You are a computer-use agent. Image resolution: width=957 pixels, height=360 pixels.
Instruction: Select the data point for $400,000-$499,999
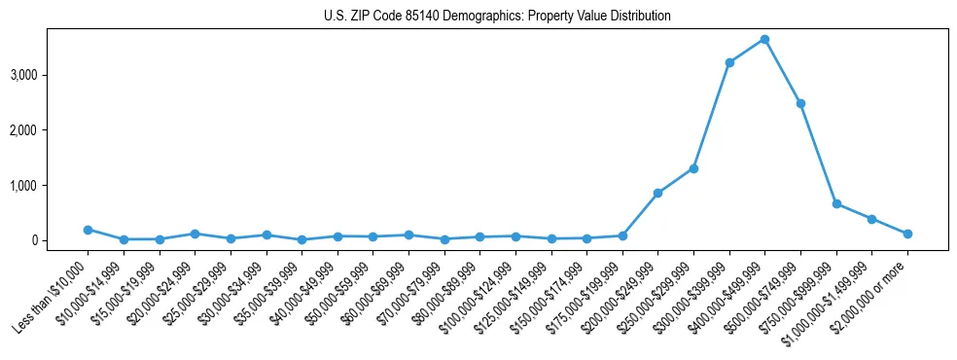tap(764, 39)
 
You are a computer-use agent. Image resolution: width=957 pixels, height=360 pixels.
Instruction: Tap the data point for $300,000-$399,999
tap(729, 62)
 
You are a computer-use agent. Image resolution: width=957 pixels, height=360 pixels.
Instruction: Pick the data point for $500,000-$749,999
tap(800, 103)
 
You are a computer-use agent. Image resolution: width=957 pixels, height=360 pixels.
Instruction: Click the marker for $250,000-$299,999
tap(693, 168)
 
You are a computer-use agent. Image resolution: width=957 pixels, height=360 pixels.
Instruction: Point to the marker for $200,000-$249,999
tap(657, 193)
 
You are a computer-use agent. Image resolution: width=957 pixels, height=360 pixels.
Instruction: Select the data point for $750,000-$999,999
tap(836, 203)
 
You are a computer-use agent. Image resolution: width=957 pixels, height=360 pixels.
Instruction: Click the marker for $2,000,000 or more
tap(907, 234)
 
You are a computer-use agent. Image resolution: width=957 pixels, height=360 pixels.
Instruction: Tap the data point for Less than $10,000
tap(88, 230)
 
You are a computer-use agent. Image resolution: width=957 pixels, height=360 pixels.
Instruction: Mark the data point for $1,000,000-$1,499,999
tap(871, 219)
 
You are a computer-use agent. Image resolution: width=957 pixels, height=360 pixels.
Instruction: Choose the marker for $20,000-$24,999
tap(195, 234)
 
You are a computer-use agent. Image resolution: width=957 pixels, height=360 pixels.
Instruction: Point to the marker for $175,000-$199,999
tap(622, 235)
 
